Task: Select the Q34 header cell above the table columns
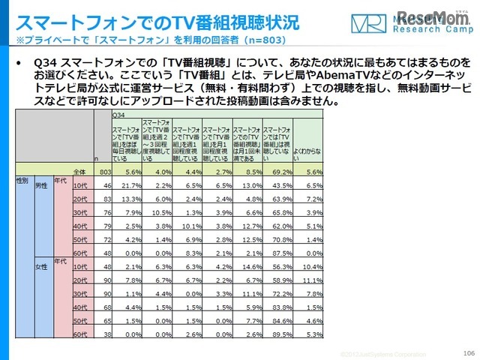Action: (x=118, y=115)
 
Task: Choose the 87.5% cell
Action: (x=278, y=253)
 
